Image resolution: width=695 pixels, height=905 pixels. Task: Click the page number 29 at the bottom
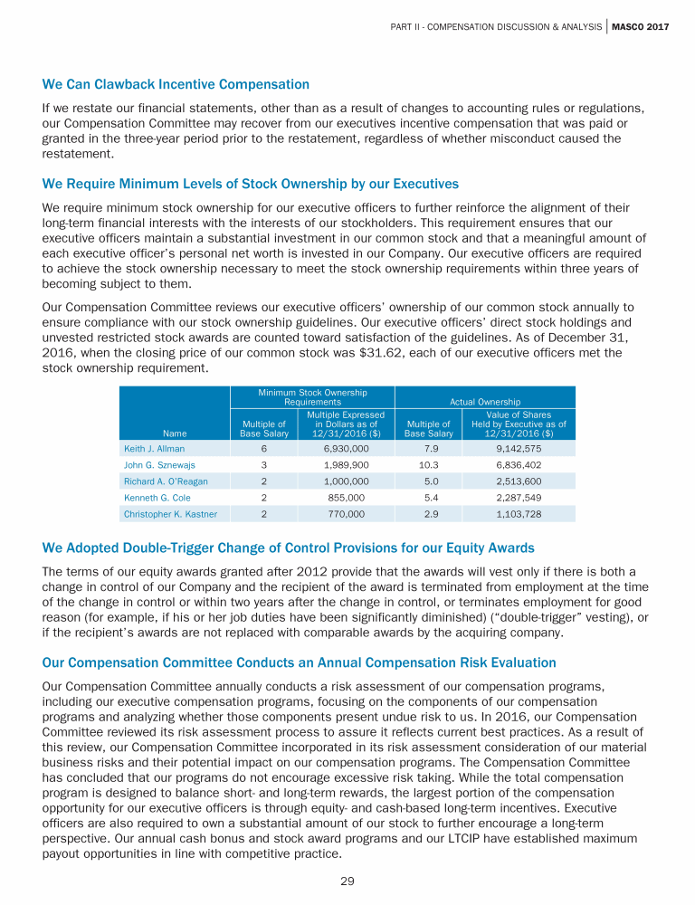click(347, 881)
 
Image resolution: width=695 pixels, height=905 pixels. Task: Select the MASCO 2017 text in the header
click(640, 26)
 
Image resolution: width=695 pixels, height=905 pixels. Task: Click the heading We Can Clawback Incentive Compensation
click(176, 84)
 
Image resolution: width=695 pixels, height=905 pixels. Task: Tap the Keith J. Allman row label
click(154, 448)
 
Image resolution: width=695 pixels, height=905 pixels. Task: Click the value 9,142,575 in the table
click(519, 448)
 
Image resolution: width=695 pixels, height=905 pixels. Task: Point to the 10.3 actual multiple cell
click(428, 464)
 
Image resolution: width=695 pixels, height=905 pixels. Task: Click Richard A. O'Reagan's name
click(166, 481)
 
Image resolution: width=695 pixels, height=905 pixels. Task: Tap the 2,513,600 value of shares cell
click(519, 481)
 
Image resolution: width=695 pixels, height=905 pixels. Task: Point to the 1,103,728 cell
click(519, 514)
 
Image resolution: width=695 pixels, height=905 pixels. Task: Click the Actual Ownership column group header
click(485, 401)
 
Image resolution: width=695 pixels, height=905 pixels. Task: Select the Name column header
click(176, 433)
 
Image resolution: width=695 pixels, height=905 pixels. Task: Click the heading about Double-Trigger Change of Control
click(288, 548)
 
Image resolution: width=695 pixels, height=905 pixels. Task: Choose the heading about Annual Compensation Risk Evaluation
click(299, 662)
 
